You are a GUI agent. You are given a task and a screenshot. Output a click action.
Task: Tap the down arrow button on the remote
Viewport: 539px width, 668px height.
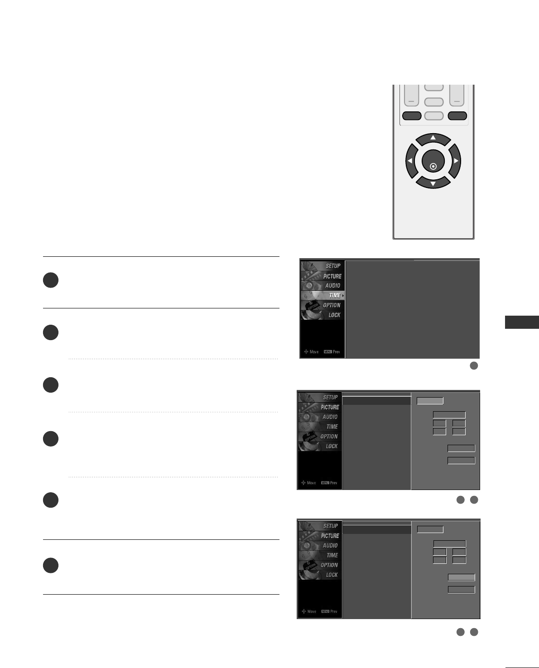(433, 183)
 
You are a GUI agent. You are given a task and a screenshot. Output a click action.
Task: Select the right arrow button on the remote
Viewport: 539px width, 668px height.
(455, 161)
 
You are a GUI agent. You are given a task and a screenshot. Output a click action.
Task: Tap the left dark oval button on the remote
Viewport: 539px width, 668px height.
(411, 116)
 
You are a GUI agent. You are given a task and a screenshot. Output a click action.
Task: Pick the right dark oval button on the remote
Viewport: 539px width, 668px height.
(457, 116)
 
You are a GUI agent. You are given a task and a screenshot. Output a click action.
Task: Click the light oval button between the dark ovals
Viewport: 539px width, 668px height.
(434, 116)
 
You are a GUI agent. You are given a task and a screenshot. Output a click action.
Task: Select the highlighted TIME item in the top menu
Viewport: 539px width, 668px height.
(334, 295)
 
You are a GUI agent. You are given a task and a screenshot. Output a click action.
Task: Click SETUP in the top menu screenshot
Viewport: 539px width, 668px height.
(333, 266)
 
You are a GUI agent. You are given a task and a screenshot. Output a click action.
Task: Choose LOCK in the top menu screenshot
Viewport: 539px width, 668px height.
(334, 315)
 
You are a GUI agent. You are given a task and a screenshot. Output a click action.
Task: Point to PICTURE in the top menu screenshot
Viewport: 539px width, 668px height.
(332, 276)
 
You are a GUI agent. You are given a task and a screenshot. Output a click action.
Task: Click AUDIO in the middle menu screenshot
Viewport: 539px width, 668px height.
(330, 417)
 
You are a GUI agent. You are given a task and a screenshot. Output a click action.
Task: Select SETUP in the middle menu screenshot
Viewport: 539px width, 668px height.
(330, 397)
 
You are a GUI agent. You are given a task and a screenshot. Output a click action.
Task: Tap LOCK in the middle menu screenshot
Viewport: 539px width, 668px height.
(332, 446)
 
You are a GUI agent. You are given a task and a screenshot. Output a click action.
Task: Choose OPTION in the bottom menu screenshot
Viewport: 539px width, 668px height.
(329, 565)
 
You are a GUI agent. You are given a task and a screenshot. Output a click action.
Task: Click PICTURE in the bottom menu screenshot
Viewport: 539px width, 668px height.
(330, 536)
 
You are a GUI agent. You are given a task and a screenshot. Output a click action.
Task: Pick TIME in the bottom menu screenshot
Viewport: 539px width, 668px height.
(332, 555)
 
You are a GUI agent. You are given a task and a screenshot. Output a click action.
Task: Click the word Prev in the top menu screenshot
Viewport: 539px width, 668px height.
(336, 352)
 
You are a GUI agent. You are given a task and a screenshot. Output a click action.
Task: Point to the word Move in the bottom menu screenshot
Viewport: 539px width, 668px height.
(312, 611)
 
